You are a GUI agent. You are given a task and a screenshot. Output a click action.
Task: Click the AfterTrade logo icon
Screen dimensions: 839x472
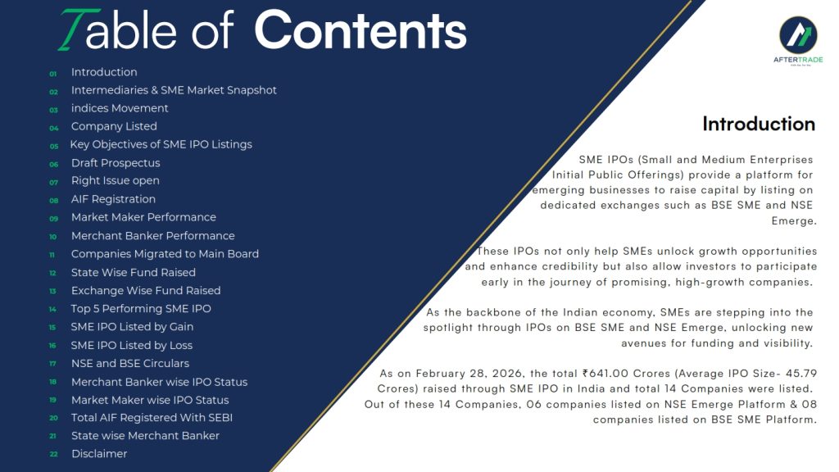798,34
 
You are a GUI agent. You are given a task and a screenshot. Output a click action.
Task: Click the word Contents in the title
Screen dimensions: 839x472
361,30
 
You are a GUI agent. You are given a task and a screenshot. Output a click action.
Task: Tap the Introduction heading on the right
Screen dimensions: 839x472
759,124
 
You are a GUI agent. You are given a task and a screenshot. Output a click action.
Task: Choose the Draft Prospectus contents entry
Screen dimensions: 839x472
116,163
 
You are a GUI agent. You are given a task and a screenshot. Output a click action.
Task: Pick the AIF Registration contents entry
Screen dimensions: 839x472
113,199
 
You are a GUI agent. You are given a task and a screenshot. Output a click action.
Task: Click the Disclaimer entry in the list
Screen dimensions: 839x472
99,454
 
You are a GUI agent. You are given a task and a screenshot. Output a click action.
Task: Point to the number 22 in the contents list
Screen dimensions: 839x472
53,454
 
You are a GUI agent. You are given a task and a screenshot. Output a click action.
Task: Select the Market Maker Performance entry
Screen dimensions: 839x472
143,217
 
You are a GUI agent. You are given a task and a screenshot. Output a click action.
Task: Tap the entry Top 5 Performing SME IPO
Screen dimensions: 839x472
141,309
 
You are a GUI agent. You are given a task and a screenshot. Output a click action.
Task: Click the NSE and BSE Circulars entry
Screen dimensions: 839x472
130,363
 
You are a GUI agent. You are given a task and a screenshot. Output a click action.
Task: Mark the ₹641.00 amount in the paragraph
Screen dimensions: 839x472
605,373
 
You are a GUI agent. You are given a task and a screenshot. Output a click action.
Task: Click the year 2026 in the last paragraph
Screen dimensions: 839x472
501,373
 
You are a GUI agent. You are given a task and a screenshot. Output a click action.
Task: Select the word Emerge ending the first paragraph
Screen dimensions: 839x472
794,220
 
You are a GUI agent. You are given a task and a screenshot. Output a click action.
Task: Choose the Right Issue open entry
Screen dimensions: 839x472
115,181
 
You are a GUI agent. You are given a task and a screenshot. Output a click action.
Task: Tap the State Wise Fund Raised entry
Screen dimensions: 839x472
134,272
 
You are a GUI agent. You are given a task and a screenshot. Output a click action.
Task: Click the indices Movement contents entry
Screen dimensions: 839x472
120,108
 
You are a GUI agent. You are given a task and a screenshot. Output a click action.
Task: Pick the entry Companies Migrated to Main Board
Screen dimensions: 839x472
165,254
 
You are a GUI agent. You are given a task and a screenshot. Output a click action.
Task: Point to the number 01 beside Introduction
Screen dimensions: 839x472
53,74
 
